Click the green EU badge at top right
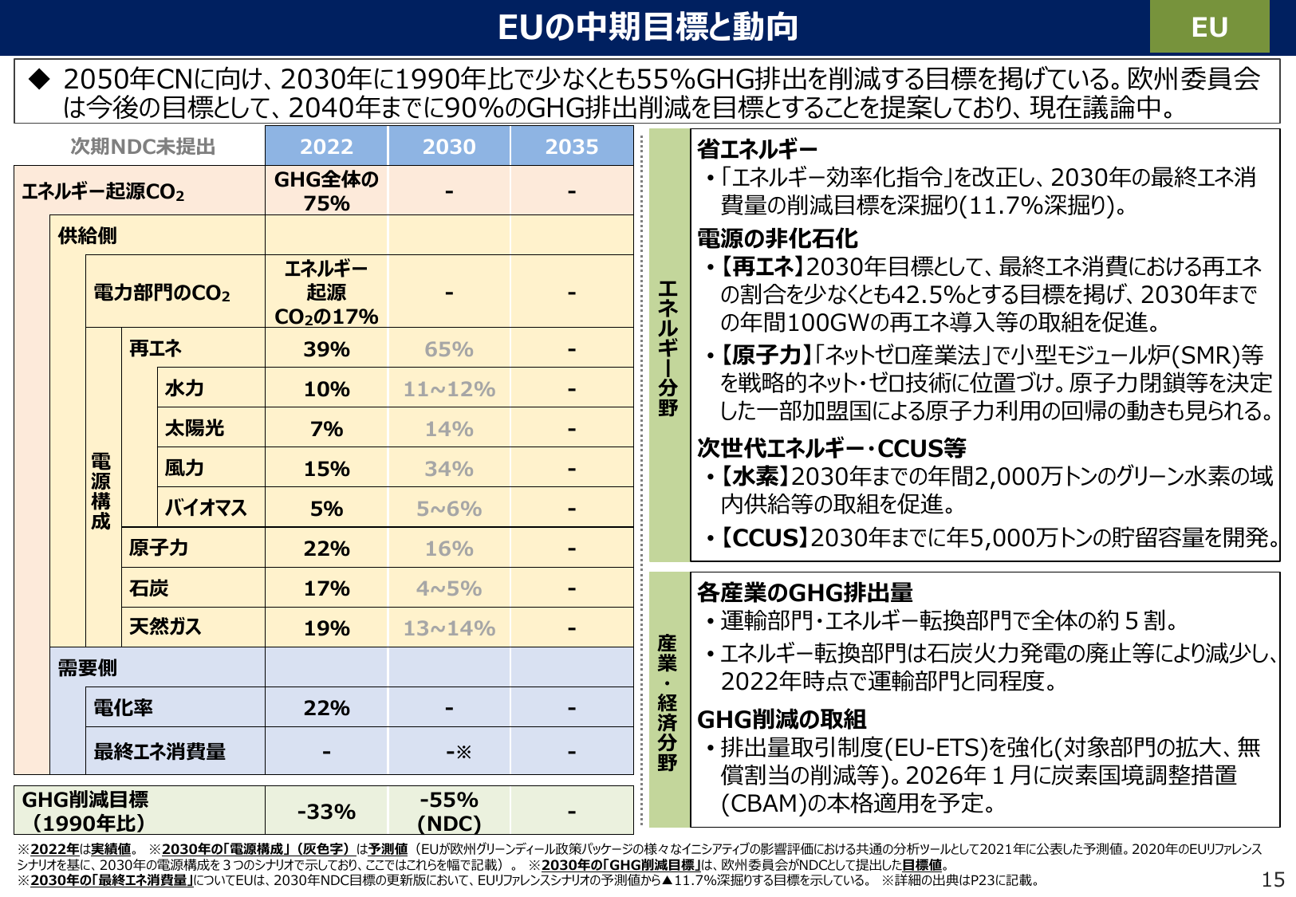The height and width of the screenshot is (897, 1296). pyautogui.click(x=1208, y=27)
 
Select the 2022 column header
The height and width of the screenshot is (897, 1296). pyautogui.click(x=326, y=147)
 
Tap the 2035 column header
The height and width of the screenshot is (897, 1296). pyautogui.click(x=571, y=147)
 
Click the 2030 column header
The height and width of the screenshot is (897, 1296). pyautogui.click(x=449, y=147)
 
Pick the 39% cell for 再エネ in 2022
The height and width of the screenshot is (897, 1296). pyautogui.click(x=326, y=349)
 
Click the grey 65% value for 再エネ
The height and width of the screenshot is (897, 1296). pyautogui.click(x=449, y=349)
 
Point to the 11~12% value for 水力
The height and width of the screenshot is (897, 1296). pyautogui.click(x=449, y=389)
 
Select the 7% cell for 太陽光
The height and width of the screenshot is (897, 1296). pyautogui.click(x=326, y=429)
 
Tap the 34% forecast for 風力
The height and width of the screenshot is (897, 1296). pyautogui.click(x=449, y=469)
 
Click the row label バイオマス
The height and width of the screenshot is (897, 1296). pyautogui.click(x=206, y=508)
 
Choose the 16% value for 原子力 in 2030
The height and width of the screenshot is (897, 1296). pyautogui.click(x=449, y=549)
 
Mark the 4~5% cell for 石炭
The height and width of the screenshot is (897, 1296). pyautogui.click(x=449, y=588)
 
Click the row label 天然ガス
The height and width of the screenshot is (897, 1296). pyautogui.click(x=165, y=627)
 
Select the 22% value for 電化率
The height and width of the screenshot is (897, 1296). pyautogui.click(x=326, y=708)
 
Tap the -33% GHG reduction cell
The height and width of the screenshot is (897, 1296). pyautogui.click(x=326, y=812)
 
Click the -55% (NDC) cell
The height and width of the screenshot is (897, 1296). pyautogui.click(x=449, y=812)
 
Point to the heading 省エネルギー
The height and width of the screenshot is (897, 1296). pyautogui.click(x=757, y=149)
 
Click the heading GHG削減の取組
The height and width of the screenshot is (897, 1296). pyautogui.click(x=782, y=720)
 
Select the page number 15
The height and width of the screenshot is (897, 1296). pyautogui.click(x=1273, y=879)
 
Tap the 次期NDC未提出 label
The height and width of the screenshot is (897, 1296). pyautogui.click(x=143, y=147)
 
